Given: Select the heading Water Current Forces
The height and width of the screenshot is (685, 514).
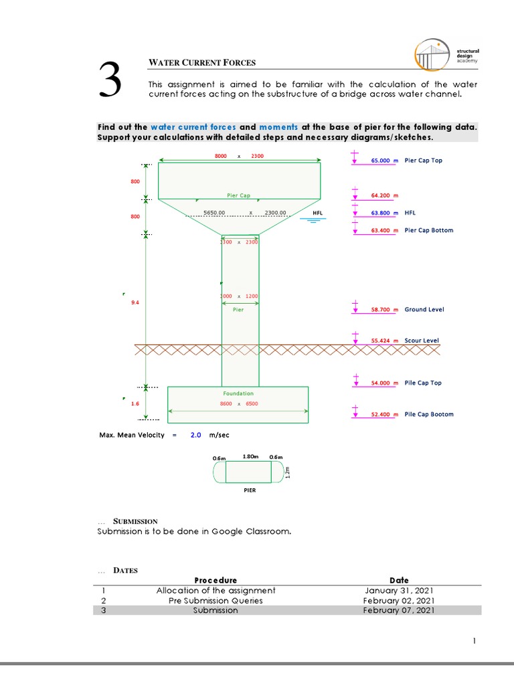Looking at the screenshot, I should [201, 64].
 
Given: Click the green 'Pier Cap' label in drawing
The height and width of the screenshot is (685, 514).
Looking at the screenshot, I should [238, 196].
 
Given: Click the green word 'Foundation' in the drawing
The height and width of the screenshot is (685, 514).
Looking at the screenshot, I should [238, 393].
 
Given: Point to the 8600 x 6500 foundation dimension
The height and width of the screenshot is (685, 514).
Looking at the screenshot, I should [239, 404].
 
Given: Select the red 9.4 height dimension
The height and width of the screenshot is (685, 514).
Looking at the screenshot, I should [135, 302].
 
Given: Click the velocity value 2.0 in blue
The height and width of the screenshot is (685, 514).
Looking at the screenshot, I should [195, 435].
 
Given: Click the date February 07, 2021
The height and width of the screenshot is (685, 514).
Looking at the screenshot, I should [398, 610].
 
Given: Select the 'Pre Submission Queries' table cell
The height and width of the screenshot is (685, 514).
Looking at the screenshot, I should [216, 600].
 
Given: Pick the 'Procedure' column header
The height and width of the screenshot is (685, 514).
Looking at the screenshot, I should [216, 580].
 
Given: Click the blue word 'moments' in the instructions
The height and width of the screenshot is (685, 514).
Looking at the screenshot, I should [278, 126].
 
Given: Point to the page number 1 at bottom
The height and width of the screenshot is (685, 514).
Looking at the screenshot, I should [474, 642].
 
